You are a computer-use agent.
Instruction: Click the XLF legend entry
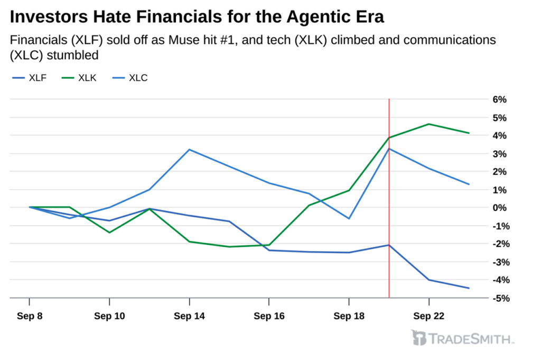click(30, 78)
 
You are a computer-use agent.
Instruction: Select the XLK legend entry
click(79, 78)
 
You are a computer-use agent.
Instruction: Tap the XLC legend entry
click(130, 78)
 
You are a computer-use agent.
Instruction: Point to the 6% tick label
click(500, 99)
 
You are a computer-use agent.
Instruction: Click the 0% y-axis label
click(500, 207)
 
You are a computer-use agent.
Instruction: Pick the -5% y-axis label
click(501, 298)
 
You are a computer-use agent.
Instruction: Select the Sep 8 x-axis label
click(30, 316)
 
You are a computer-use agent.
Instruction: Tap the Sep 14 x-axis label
click(190, 316)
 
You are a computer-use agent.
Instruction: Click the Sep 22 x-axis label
click(429, 316)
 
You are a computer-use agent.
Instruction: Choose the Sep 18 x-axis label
click(349, 316)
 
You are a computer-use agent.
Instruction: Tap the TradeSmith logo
click(462, 338)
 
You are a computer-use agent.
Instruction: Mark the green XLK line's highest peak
click(429, 124)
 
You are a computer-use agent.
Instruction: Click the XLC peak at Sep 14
click(190, 150)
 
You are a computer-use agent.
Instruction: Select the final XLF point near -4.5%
click(469, 288)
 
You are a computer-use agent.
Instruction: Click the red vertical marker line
click(389, 198)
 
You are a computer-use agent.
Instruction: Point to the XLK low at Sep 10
click(109, 232)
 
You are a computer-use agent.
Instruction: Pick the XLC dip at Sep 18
click(349, 218)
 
